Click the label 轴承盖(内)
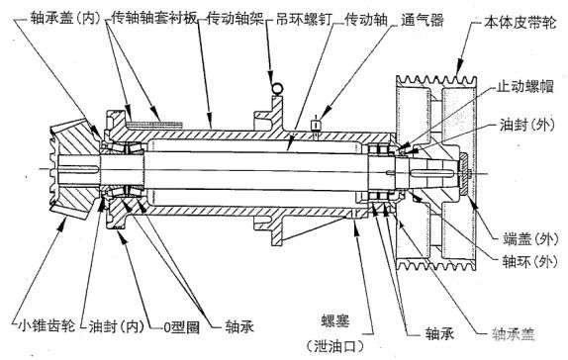click(65, 18)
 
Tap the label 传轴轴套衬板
click(153, 18)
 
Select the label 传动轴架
click(236, 19)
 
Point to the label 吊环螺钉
click(304, 19)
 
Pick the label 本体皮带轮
click(520, 24)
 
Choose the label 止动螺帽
click(524, 87)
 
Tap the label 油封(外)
click(527, 125)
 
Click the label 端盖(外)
click(530, 239)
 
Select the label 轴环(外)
click(529, 261)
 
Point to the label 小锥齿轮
click(47, 325)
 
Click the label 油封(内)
click(117, 326)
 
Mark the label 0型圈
click(181, 327)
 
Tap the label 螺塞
click(335, 321)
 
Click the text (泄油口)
click(335, 346)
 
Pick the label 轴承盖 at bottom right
click(513, 334)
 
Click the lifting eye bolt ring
click(278, 88)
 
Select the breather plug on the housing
click(317, 125)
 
